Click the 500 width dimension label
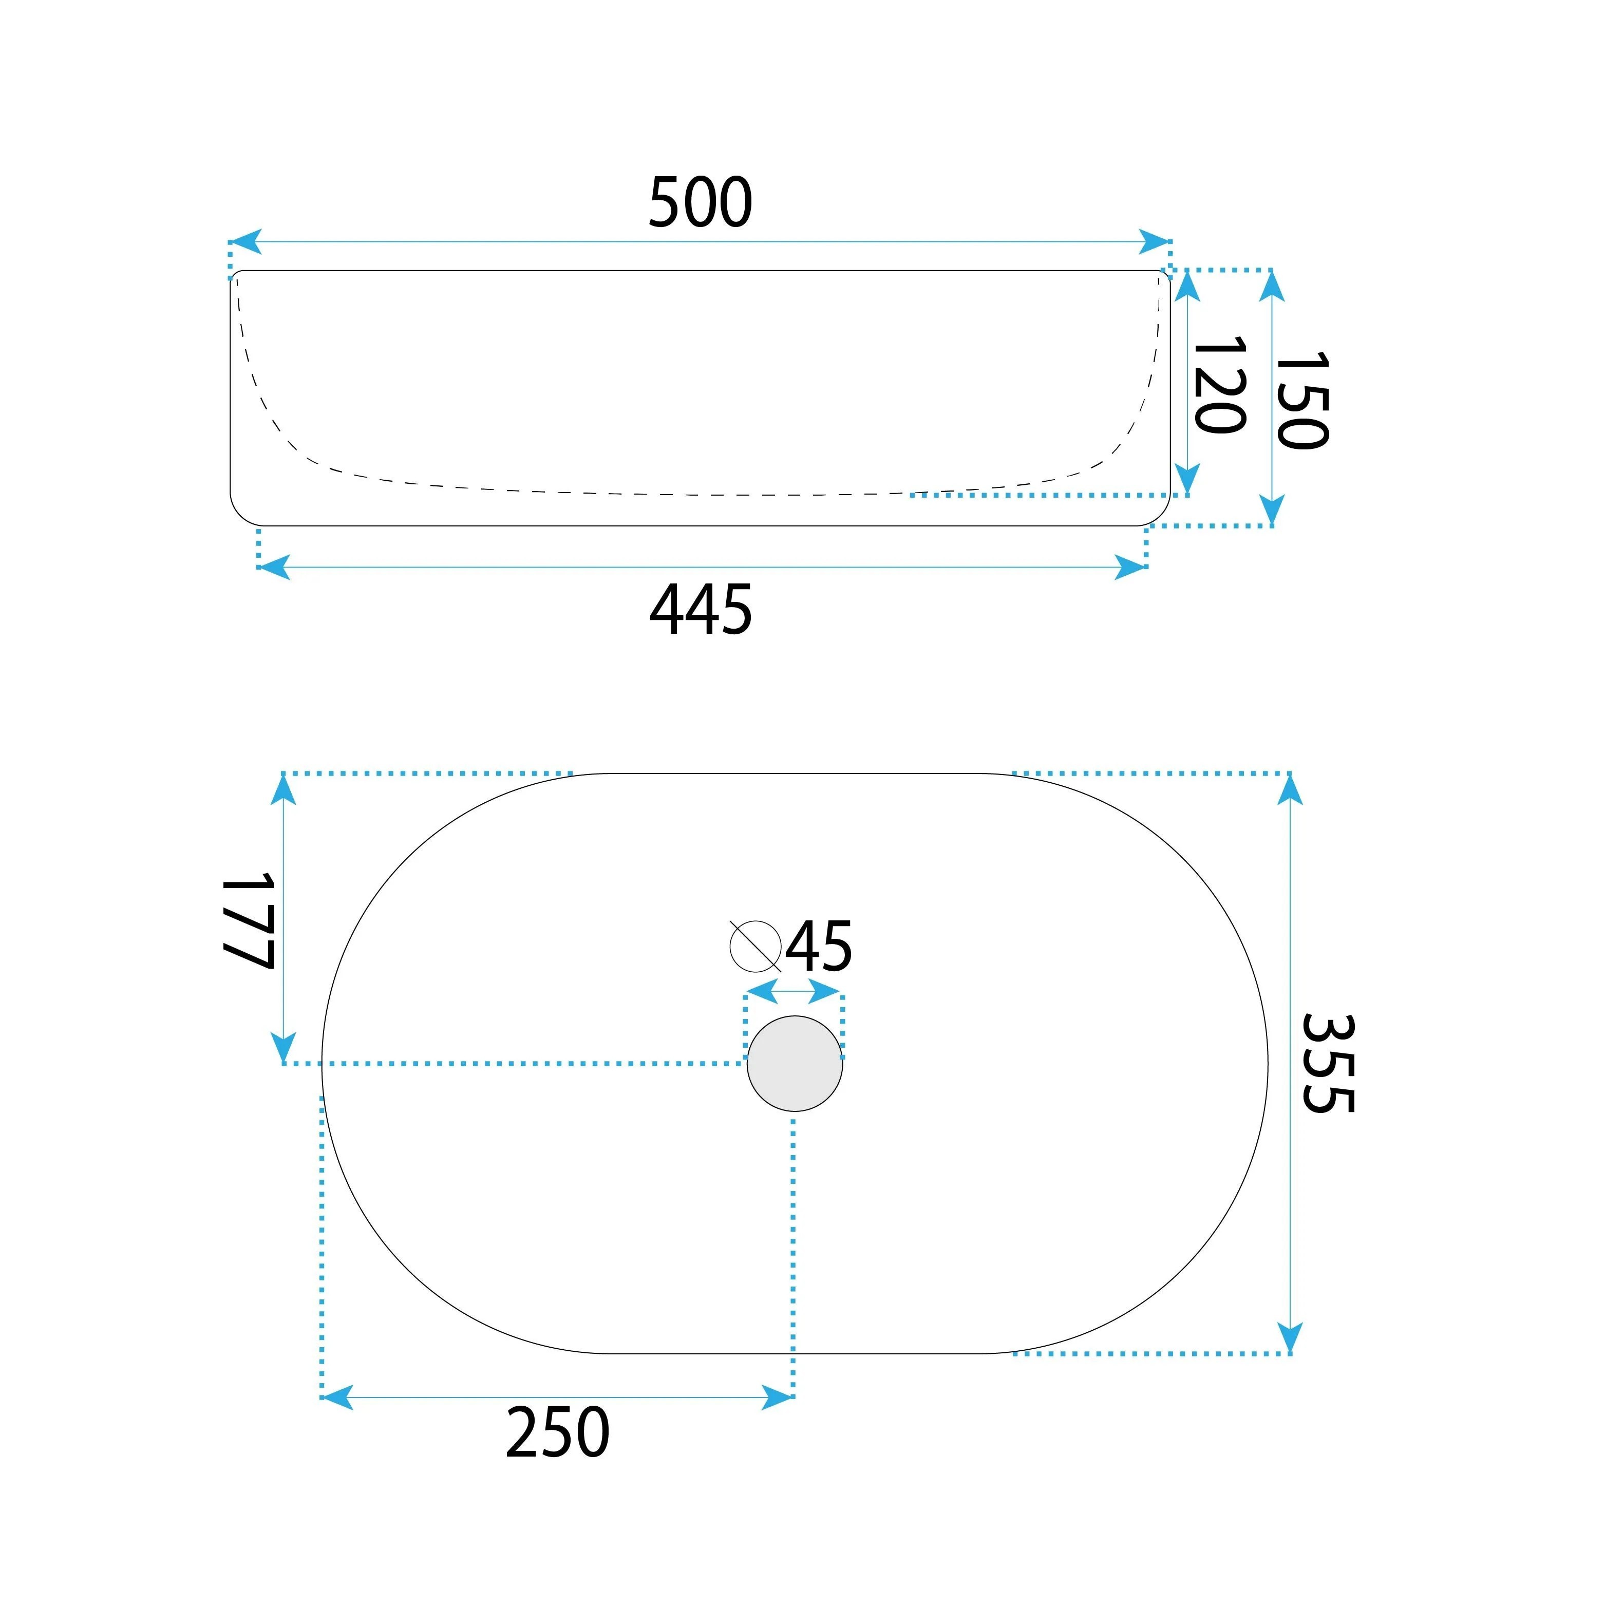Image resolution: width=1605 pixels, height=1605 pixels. point(701,202)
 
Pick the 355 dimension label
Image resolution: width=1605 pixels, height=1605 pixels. point(1328,1063)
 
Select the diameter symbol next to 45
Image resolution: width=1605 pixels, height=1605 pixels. point(755,946)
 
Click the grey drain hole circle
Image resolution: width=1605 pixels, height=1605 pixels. point(795,1063)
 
